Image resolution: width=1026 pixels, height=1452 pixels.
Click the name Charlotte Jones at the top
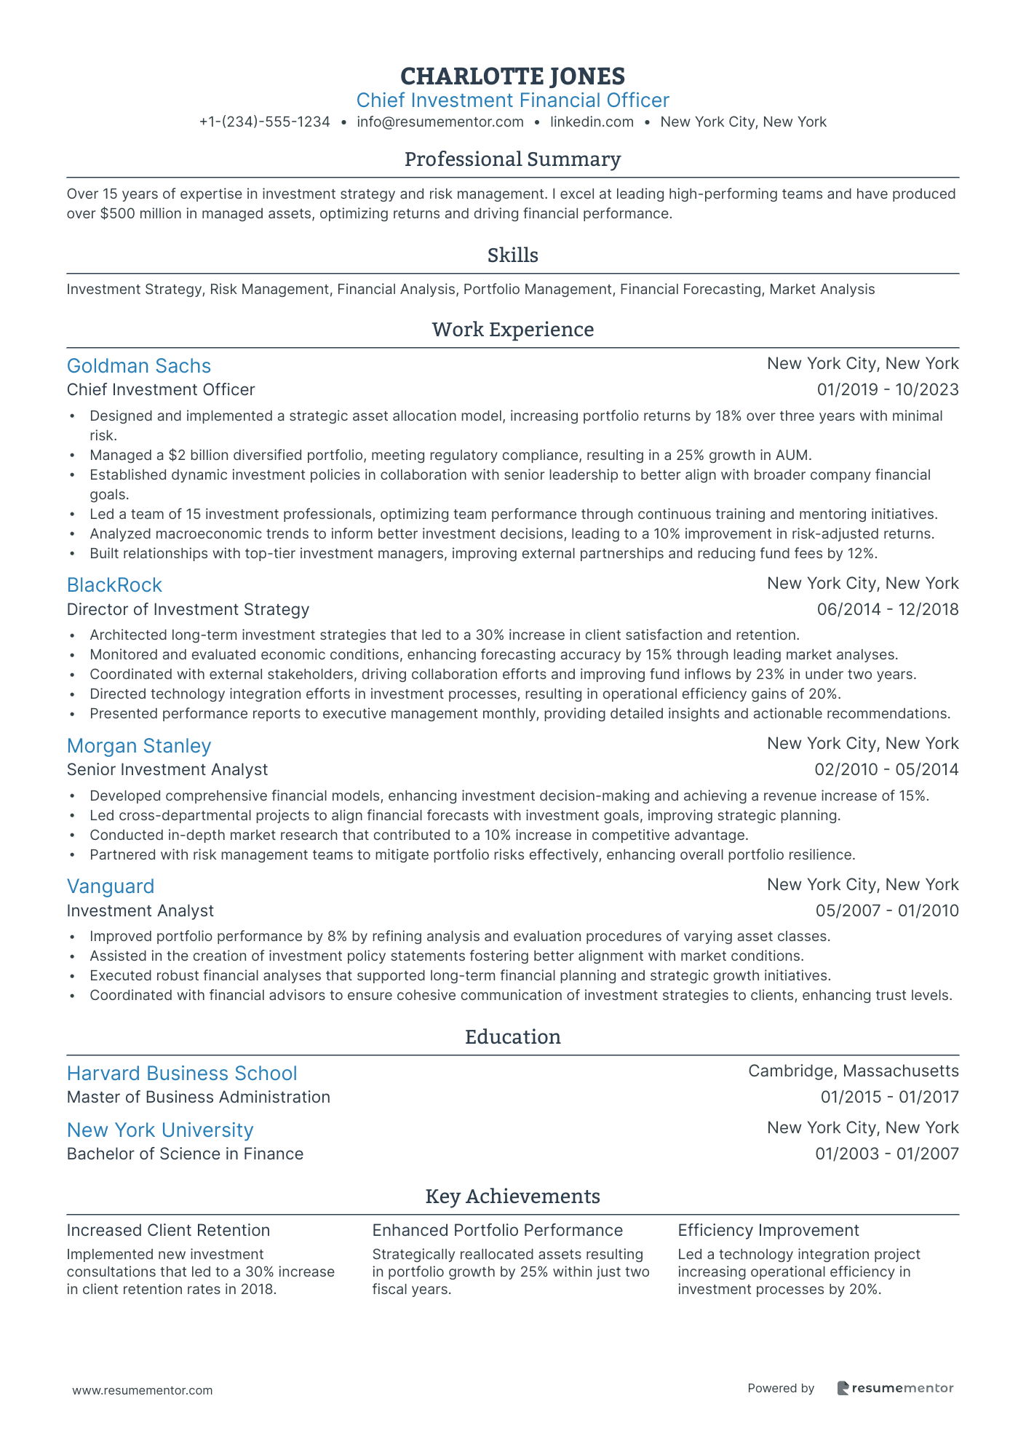click(512, 76)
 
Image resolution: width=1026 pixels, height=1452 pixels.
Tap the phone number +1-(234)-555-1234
click(264, 122)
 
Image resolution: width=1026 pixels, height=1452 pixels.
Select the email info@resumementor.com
click(440, 122)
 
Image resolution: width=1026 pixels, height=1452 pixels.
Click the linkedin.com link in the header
click(592, 122)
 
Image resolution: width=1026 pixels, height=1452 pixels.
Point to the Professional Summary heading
click(512, 159)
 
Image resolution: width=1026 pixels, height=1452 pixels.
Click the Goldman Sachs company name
click(138, 366)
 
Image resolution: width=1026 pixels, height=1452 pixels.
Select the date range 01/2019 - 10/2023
click(888, 390)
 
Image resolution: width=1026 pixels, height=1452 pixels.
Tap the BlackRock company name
click(114, 585)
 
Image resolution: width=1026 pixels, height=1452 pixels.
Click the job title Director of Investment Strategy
click(188, 609)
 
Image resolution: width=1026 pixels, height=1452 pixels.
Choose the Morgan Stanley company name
click(138, 746)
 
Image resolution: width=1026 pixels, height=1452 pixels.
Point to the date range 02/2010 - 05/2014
click(886, 770)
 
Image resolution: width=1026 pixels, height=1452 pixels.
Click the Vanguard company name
click(111, 886)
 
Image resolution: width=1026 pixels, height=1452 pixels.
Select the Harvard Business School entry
click(182, 1074)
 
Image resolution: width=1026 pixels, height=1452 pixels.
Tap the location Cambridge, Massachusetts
click(853, 1071)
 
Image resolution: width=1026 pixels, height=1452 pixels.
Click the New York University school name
click(160, 1130)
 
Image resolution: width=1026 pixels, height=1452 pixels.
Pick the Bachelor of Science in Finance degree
click(185, 1154)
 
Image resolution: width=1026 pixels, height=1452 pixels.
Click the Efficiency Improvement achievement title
click(768, 1231)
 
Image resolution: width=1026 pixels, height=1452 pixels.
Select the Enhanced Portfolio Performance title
click(498, 1231)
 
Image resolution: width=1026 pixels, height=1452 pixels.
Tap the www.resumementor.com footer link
click(143, 1391)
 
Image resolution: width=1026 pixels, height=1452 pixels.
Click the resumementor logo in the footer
click(895, 1389)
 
